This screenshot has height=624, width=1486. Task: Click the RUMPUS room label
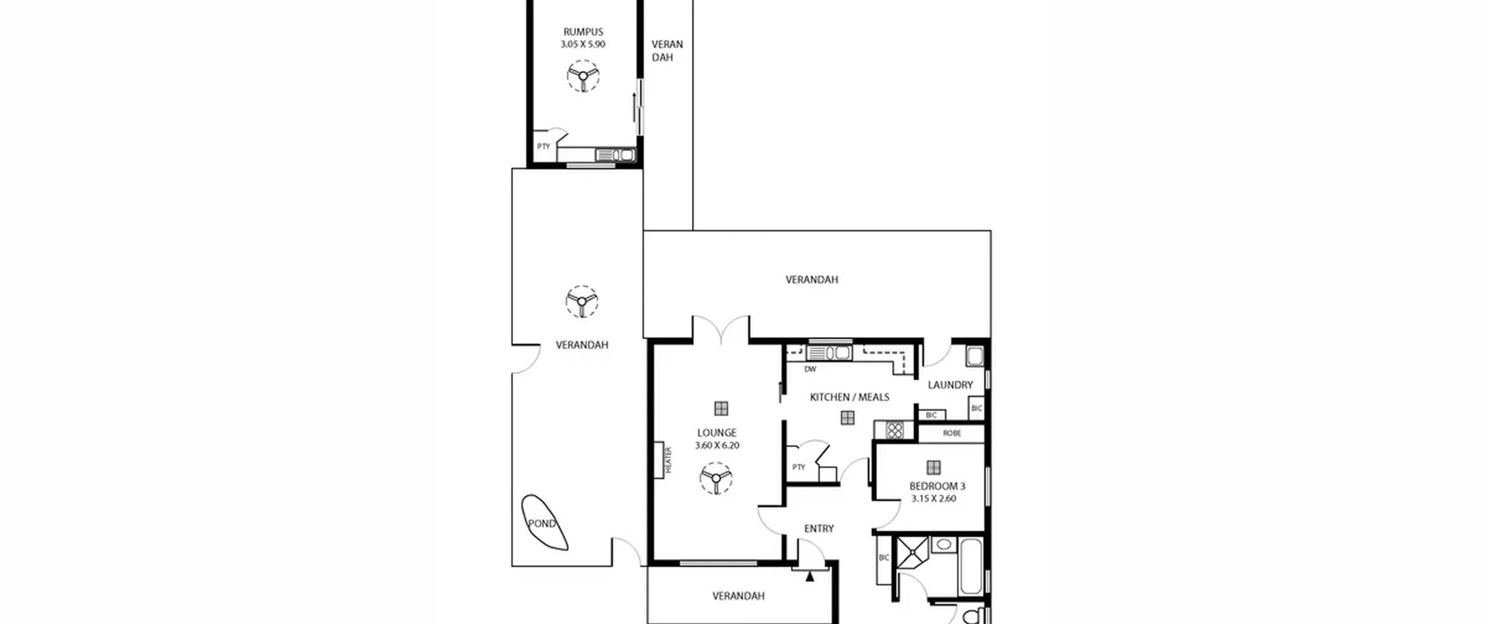[x=583, y=32]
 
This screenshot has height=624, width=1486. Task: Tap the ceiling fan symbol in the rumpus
[x=583, y=75]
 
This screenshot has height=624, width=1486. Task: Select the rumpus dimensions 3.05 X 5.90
[x=583, y=44]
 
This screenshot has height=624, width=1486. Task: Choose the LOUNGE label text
[x=717, y=432]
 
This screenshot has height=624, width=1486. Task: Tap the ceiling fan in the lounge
[x=716, y=478]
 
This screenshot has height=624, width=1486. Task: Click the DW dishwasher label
[x=810, y=369]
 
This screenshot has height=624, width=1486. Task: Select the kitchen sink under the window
[x=829, y=352]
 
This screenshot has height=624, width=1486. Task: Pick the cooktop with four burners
[x=895, y=430]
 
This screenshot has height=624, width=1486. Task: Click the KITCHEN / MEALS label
[x=849, y=397]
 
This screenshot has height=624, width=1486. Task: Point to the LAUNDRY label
[x=950, y=385]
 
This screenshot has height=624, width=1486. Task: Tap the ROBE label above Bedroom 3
[x=952, y=433]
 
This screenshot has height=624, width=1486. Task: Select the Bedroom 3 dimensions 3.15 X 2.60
[x=933, y=499]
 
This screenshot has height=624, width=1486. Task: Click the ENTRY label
[x=819, y=528]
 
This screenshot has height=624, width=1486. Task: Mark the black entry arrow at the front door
[x=810, y=576]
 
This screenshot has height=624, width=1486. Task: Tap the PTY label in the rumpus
[x=543, y=146]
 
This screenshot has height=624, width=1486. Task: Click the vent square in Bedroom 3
[x=933, y=467]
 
